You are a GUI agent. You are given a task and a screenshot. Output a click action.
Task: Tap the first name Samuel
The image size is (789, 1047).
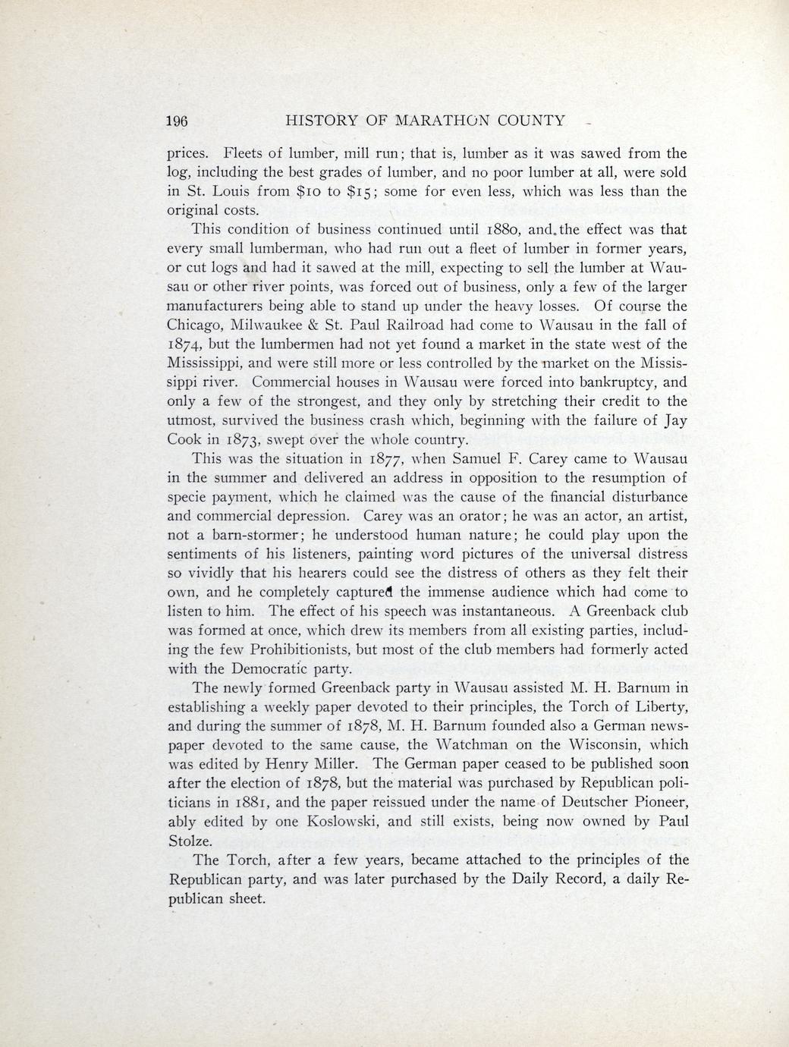pos(475,459)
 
